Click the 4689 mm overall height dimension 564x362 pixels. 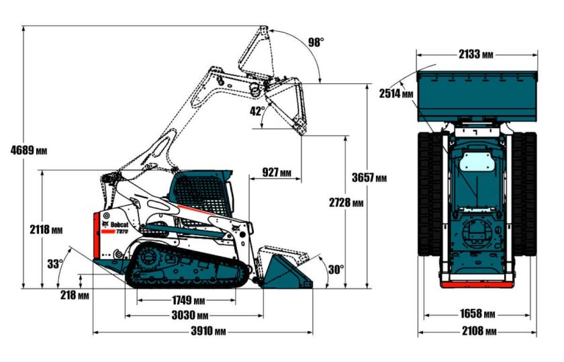28,149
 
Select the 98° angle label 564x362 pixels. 316,42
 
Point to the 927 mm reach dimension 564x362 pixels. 277,173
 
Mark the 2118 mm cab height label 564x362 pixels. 46,230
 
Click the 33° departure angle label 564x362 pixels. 55,264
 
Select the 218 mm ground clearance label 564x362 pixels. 74,295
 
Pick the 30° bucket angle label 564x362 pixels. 336,269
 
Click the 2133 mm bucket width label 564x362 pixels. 477,54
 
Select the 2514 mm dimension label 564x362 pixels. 396,94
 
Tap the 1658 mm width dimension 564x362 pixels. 477,314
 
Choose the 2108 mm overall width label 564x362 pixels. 477,332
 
